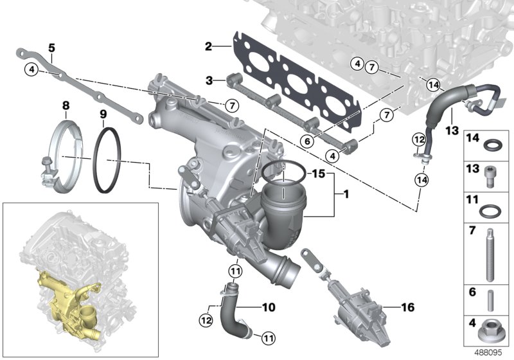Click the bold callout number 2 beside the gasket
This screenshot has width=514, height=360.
(208, 46)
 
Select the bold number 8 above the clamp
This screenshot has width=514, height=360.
(65, 105)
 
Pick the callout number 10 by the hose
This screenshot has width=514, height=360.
(269, 308)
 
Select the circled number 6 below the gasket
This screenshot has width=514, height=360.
(307, 140)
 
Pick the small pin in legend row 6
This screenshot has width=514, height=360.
(490, 299)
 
